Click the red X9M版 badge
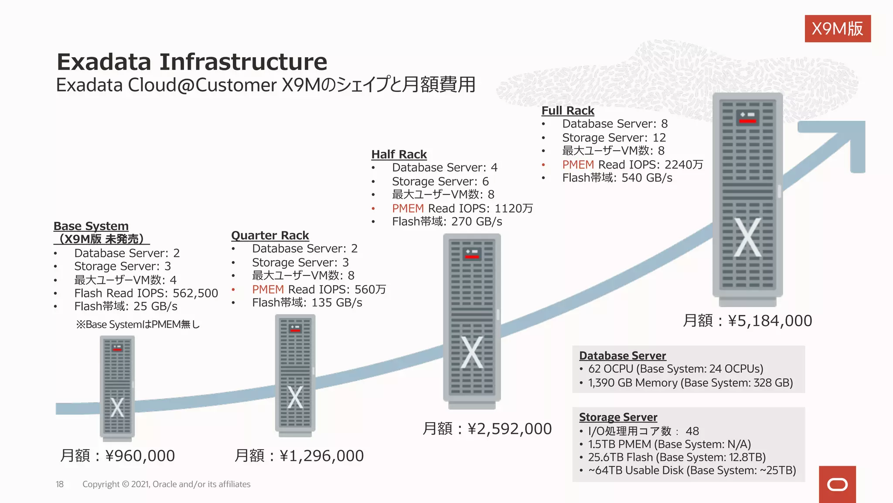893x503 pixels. point(837,29)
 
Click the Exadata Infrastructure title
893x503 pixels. point(192,62)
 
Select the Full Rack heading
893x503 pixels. point(568,111)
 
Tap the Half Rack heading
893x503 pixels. point(399,155)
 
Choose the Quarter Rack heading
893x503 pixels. point(270,236)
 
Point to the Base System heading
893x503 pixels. point(91,227)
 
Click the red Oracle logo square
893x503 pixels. point(837,484)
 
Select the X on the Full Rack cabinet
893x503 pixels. point(747,238)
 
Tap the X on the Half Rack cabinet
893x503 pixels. point(472,352)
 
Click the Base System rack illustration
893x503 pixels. point(117,386)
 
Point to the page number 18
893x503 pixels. point(60,484)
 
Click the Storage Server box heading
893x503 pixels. point(618,417)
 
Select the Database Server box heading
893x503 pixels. point(622,356)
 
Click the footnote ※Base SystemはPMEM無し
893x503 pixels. point(138,324)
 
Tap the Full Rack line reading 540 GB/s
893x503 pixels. point(617,178)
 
